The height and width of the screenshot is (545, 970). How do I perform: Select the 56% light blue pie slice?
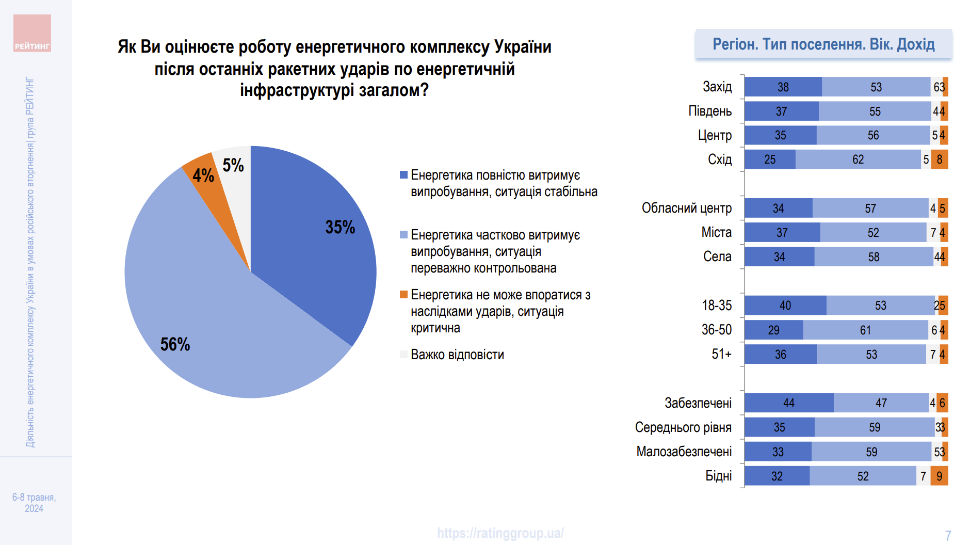(x=206, y=320)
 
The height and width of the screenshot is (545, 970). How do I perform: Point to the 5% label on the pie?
(x=233, y=165)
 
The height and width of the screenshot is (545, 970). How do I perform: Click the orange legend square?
(x=403, y=295)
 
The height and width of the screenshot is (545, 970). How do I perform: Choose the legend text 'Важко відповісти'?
(x=457, y=355)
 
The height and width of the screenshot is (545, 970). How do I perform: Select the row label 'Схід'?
(x=720, y=159)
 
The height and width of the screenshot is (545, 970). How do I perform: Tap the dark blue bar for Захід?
(x=783, y=87)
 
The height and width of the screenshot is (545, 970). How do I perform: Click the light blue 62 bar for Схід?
(x=858, y=159)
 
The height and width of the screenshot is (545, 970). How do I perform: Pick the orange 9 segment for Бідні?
(x=939, y=476)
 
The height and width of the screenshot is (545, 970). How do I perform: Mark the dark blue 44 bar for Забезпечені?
(x=788, y=403)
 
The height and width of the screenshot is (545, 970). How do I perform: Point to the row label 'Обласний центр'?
(x=686, y=208)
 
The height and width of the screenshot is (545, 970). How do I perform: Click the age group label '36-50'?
(x=717, y=330)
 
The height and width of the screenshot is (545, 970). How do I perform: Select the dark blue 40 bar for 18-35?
(x=785, y=306)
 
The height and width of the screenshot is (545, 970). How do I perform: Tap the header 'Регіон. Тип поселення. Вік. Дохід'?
(x=823, y=44)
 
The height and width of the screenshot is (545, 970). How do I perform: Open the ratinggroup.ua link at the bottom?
(x=500, y=533)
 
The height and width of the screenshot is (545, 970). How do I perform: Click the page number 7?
(x=948, y=536)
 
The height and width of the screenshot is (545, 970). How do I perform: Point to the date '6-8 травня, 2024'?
(x=34, y=503)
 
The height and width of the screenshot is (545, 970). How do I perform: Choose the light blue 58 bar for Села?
(x=874, y=257)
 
